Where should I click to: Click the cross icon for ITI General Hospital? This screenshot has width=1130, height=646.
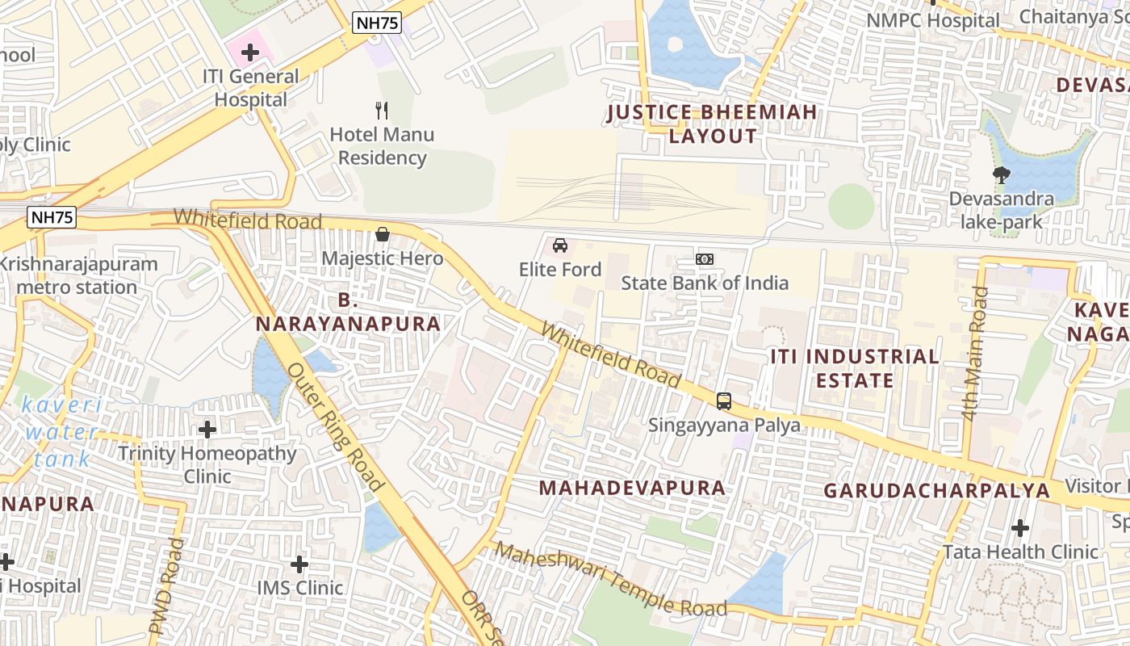250,53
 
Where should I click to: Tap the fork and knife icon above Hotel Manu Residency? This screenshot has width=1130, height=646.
382,110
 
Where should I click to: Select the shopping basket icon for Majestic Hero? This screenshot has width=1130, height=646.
383,234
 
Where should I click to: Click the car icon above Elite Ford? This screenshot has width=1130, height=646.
560,245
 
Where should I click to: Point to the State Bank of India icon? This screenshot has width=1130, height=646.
705,259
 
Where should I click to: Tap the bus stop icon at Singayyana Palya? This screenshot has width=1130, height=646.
724,401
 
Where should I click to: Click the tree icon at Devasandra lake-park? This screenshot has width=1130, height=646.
1001,174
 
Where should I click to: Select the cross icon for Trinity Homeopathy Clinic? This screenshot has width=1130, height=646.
207,430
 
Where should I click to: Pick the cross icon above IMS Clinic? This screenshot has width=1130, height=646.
299,564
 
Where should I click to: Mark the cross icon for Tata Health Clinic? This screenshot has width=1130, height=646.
1020,528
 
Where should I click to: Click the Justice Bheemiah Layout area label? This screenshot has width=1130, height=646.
712,124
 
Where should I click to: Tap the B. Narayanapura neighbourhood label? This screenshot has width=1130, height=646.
348,313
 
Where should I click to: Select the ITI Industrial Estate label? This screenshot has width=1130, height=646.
854,368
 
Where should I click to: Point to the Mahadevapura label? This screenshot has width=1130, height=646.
632,488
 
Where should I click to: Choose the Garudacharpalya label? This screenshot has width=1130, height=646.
936,491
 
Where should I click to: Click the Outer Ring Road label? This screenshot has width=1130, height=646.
334,426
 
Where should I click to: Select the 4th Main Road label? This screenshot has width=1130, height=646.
975,353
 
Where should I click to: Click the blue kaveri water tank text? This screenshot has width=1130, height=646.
62,432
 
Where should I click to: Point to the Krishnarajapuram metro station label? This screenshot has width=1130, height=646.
77,275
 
